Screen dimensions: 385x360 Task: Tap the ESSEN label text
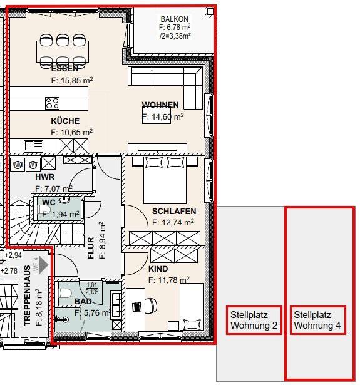(x=65, y=69)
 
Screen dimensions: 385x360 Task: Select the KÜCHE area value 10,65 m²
(x=72, y=132)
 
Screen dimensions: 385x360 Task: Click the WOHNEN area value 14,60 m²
(x=163, y=116)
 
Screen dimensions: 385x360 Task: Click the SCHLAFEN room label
(x=174, y=212)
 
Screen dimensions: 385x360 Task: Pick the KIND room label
(x=158, y=269)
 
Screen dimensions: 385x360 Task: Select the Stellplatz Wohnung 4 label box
(x=317, y=320)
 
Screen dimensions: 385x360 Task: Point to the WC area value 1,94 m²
(x=61, y=213)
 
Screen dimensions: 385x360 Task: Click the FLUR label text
(x=91, y=248)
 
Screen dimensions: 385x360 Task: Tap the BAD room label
(x=83, y=301)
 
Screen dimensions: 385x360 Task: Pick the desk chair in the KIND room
(x=153, y=305)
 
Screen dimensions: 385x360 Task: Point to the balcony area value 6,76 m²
(x=175, y=28)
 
